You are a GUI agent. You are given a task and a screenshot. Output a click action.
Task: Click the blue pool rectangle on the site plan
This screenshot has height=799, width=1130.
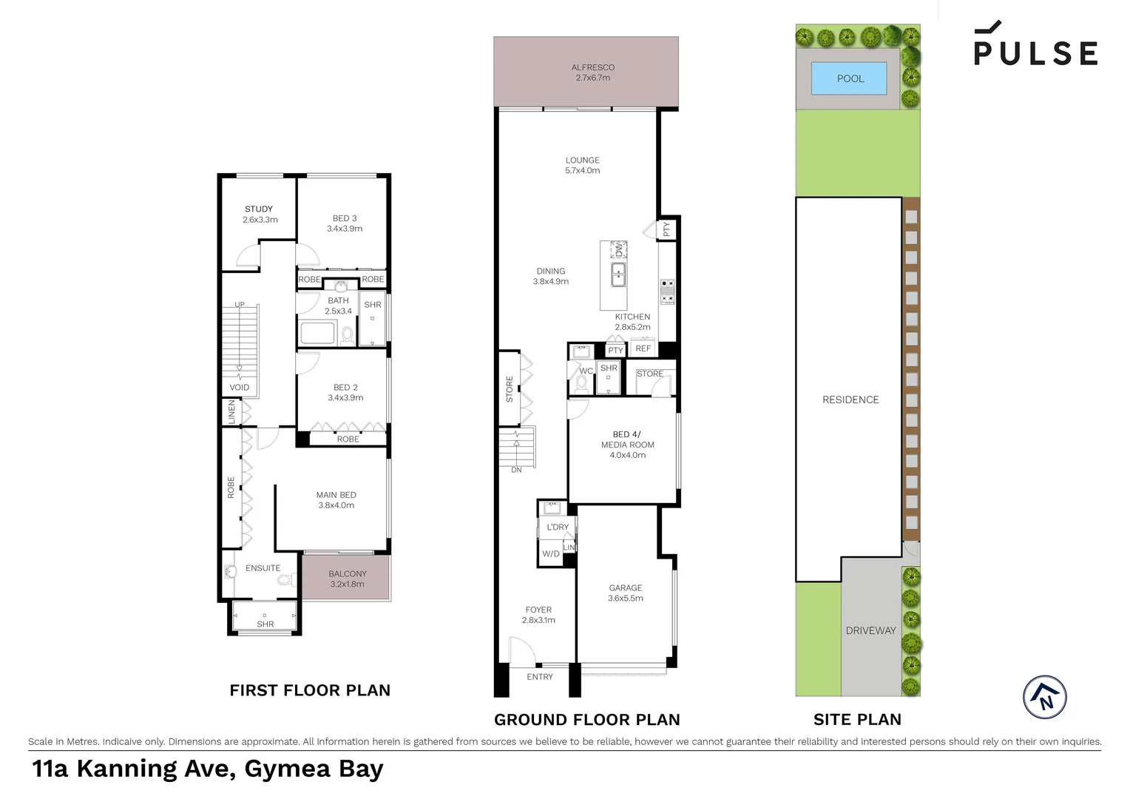849,78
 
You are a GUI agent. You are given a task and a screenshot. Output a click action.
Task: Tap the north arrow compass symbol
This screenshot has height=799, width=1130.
1044,697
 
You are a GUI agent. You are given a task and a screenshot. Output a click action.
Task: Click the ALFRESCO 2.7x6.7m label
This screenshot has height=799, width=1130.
592,73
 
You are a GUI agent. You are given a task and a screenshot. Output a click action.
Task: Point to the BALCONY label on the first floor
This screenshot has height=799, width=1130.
347,579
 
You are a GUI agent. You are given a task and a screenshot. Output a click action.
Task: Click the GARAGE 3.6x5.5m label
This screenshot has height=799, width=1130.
626,593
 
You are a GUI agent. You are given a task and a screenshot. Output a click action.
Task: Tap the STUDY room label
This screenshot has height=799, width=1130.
259,214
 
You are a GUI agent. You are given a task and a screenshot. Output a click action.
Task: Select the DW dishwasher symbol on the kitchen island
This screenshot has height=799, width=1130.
618,250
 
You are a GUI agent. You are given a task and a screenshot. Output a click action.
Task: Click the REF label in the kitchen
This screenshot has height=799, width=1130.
643,348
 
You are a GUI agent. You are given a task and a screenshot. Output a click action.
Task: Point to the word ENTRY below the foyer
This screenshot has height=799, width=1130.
540,677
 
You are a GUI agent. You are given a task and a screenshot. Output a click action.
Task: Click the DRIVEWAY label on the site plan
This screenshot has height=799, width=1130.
870,630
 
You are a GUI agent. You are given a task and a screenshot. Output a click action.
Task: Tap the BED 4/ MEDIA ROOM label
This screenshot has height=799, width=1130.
627,445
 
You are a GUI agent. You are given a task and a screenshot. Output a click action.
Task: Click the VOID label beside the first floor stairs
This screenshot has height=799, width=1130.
239,387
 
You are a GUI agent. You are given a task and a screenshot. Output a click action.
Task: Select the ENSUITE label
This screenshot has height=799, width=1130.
263,568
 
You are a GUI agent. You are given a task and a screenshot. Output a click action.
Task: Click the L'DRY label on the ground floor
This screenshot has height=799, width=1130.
558,527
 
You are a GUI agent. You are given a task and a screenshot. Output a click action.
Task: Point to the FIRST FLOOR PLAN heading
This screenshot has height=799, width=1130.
310,690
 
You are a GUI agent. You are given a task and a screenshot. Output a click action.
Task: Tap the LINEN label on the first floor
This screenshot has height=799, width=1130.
231,412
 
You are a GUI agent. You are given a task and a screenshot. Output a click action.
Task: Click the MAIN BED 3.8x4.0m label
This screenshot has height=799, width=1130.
336,500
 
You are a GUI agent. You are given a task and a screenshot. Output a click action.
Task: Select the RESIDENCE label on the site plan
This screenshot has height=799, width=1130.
850,399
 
